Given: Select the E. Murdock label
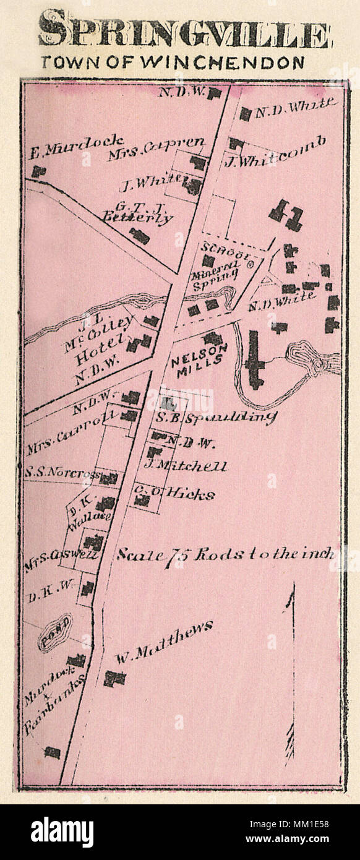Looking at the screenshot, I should point(75,148).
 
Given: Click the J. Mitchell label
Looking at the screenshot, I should point(186,466).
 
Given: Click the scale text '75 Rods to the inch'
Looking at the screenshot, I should point(226,554).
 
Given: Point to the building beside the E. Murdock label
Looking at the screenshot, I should point(40,171).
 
